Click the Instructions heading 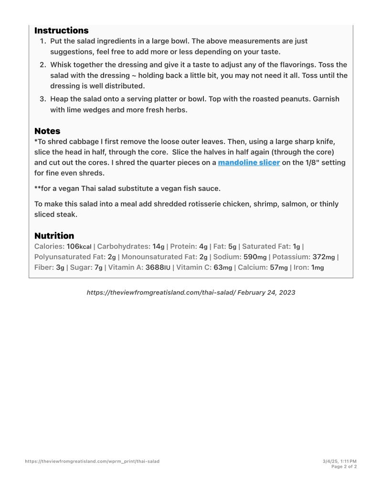pyautogui.click(x=61, y=31)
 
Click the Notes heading pyautogui.click(x=47, y=131)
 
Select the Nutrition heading pyautogui.click(x=54, y=236)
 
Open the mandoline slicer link pyautogui.click(x=249, y=163)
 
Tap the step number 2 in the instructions pyautogui.click(x=42, y=65)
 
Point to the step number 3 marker pyautogui.click(x=42, y=99)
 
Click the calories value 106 pyautogui.click(x=73, y=247)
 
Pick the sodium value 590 pyautogui.click(x=251, y=257)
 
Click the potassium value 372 pyautogui.click(x=319, y=257)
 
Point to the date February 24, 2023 pyautogui.click(x=266, y=293)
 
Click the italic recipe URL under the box pyautogui.click(x=161, y=293)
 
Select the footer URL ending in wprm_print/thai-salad pyautogui.click(x=92, y=462)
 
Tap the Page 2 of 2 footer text pyautogui.click(x=344, y=467)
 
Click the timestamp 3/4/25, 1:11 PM pyautogui.click(x=340, y=462)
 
